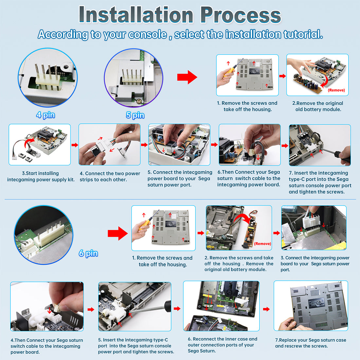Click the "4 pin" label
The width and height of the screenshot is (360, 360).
pyautogui.click(x=45, y=115)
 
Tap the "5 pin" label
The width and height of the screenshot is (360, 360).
pyautogui.click(x=135, y=115)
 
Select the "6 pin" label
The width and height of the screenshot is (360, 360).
pyautogui.click(x=88, y=253)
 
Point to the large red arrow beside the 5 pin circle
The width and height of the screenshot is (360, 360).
pyautogui.click(x=187, y=77)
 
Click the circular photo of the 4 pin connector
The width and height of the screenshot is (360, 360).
pyautogui.click(x=47, y=78)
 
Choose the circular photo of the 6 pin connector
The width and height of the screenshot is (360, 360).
pyautogui.click(x=44, y=235)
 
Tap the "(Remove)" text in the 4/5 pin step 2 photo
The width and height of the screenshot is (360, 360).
pyautogui.click(x=336, y=90)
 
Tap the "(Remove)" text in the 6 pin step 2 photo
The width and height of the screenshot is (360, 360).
pyautogui.click(x=262, y=243)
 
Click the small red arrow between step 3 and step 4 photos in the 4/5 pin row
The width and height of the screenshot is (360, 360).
pyautogui.click(x=75, y=145)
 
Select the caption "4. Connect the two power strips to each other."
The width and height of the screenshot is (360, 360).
pyautogui.click(x=110, y=176)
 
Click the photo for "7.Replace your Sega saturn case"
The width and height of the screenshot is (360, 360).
pyautogui.click(x=311, y=306)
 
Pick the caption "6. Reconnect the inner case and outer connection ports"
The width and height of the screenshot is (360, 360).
pyautogui.click(x=223, y=345)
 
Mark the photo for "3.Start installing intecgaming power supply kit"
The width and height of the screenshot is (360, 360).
pyautogui.click(x=40, y=145)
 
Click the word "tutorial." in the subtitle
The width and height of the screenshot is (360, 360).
pyautogui.click(x=303, y=34)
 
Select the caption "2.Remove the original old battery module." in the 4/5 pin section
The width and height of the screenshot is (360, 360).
pyautogui.click(x=318, y=106)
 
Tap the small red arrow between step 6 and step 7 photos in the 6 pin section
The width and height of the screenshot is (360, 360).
pyautogui.click(x=266, y=309)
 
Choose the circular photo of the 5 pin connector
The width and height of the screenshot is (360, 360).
pyautogui.click(x=134, y=78)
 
